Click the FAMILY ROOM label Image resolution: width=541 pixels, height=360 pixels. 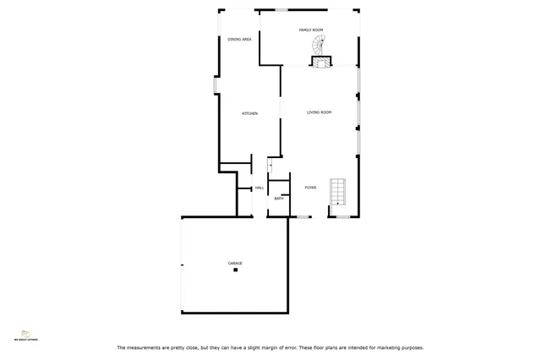311,30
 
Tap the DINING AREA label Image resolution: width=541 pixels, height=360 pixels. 239,39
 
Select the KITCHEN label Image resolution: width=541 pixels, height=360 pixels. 249,113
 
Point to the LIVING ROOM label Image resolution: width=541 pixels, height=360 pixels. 319,112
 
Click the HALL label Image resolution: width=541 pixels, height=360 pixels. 260,188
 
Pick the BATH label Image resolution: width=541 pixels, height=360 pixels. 278,199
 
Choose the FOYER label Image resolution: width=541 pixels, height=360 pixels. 310,188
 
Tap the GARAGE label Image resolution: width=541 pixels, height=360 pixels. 235,263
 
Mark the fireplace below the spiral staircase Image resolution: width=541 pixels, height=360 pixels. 321,61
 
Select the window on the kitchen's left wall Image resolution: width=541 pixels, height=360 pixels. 216,86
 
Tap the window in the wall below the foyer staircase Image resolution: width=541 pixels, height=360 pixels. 344,217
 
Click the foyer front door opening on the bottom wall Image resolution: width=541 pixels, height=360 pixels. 303,217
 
